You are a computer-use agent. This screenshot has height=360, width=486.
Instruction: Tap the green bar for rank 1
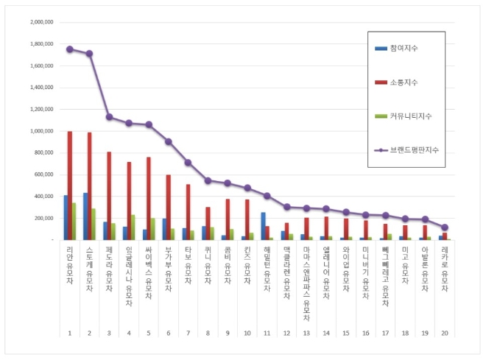(x=74, y=221)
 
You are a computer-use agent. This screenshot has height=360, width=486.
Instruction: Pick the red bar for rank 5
(x=149, y=198)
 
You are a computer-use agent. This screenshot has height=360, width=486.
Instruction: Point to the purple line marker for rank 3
(x=109, y=117)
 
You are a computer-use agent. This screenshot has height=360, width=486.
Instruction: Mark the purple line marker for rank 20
(x=444, y=227)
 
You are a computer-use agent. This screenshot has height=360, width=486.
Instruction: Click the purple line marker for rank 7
(x=188, y=162)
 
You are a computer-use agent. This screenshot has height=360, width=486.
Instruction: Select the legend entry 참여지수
(x=412, y=49)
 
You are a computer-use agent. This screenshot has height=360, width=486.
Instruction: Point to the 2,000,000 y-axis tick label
(x=40, y=22)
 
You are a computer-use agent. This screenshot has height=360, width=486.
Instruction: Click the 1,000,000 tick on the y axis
(x=40, y=131)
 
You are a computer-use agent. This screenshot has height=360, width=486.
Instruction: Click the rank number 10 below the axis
(x=247, y=333)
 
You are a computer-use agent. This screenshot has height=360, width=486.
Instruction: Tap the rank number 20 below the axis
(x=444, y=333)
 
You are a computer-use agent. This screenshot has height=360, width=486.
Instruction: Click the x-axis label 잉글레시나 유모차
(x=129, y=276)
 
